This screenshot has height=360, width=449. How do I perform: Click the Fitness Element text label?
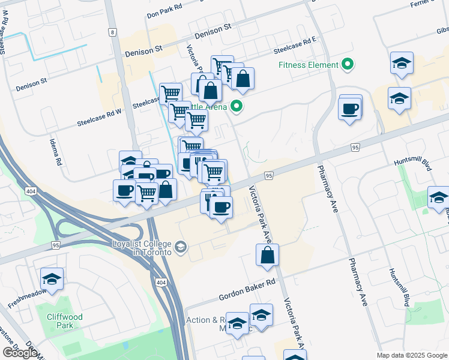click(306, 65)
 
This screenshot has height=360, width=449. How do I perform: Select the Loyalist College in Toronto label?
click(142, 248)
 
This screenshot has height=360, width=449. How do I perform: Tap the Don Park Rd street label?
click(164, 13)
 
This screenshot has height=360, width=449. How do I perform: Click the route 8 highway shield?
click(112, 32)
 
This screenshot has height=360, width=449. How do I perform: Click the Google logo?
click(20, 353)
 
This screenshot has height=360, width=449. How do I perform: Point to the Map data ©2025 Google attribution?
click(411, 355)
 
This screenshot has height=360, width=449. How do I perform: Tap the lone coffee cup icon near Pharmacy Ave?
click(350, 109)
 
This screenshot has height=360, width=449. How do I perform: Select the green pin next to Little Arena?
click(237, 107)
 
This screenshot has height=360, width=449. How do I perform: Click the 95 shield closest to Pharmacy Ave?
click(355, 147)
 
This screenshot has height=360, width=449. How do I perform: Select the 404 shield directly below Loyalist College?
click(160, 283)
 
